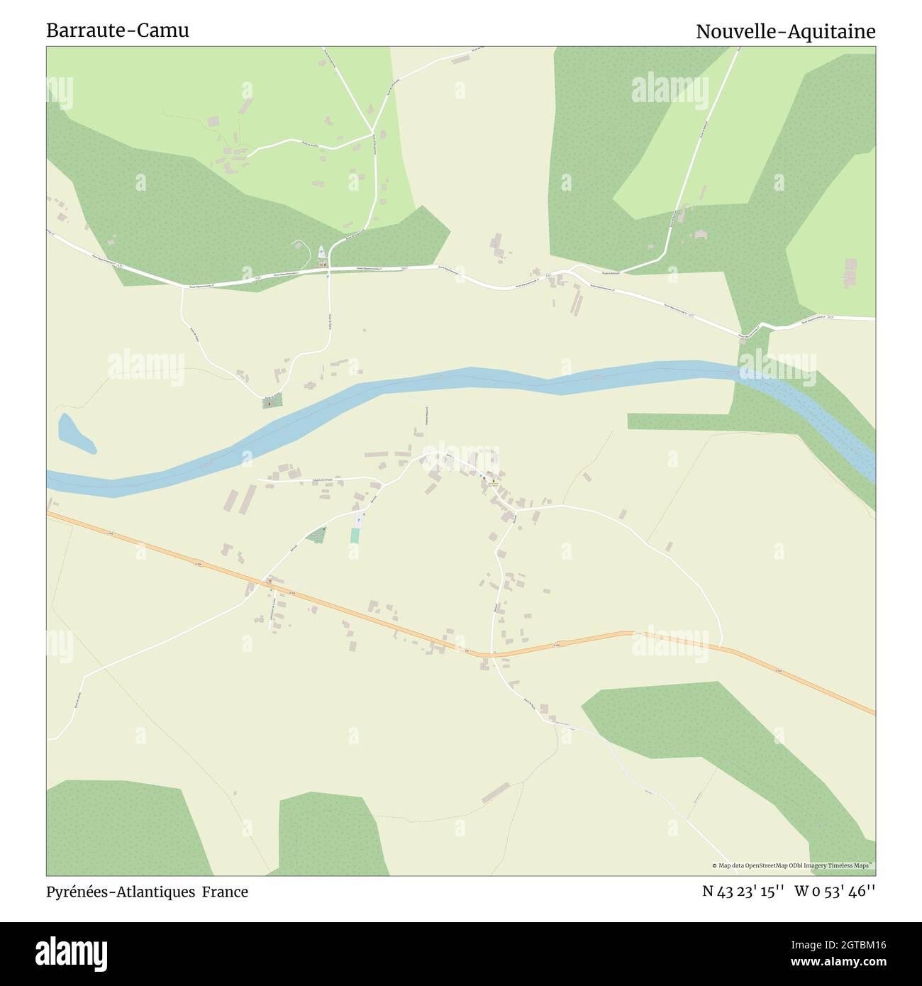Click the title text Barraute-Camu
pos(118,31)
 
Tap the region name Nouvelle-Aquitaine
pos(785,31)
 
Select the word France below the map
pos(225,892)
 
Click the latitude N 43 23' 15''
pos(743,892)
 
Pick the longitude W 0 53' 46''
pos(835,892)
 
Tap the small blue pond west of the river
pos(74,433)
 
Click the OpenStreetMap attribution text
pos(793,865)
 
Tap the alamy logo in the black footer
pos(71,953)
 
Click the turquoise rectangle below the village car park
pos(355,536)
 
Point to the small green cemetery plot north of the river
pos(272,402)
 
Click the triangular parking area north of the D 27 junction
pos(321,252)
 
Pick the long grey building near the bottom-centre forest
pos(496,792)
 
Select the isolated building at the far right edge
pos(850,272)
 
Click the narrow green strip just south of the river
pos(681,421)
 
